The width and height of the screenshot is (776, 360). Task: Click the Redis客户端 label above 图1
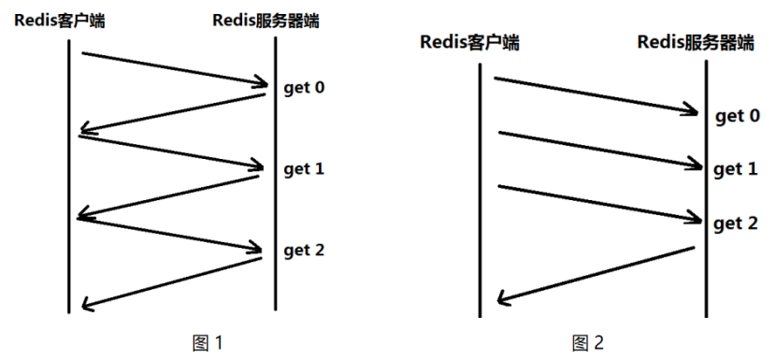coord(58,19)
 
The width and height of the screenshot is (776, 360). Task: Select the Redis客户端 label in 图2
coord(469,42)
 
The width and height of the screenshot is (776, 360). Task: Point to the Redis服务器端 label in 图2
coord(697,42)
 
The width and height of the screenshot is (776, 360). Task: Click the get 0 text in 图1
coord(304,89)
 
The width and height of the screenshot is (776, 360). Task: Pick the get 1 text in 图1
coord(304,169)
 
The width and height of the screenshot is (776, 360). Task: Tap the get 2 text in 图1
coord(304,251)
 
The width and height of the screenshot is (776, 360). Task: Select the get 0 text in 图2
coord(737,116)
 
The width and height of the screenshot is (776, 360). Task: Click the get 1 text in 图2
coord(735,169)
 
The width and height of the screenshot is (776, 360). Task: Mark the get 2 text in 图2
coord(735,223)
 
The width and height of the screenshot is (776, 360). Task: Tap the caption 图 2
coord(588,342)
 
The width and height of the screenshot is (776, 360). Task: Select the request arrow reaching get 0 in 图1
coord(173,70)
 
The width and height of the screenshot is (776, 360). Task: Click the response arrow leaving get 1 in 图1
coord(170,197)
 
